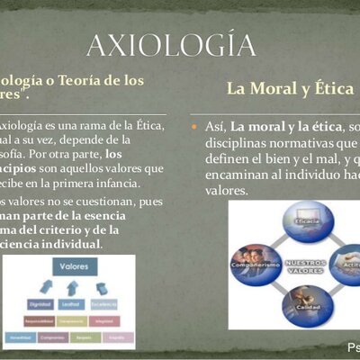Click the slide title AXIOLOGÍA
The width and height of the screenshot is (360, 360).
click(x=171, y=44)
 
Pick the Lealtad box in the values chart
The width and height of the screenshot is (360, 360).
click(x=73, y=303)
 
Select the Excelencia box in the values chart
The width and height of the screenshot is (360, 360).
click(x=104, y=303)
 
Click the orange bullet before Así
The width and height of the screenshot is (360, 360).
click(x=193, y=128)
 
